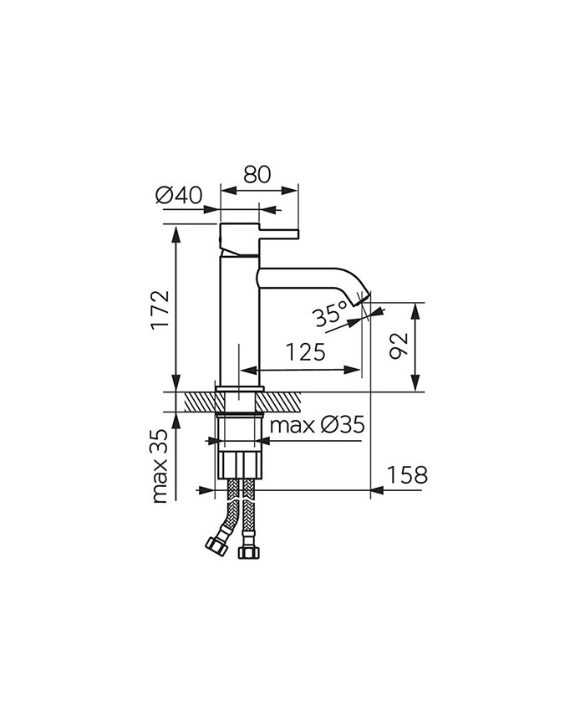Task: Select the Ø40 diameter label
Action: tap(179, 196)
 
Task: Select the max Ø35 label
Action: tap(317, 425)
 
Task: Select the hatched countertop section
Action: tap(197, 402)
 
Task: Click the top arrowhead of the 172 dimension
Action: tap(176, 232)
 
